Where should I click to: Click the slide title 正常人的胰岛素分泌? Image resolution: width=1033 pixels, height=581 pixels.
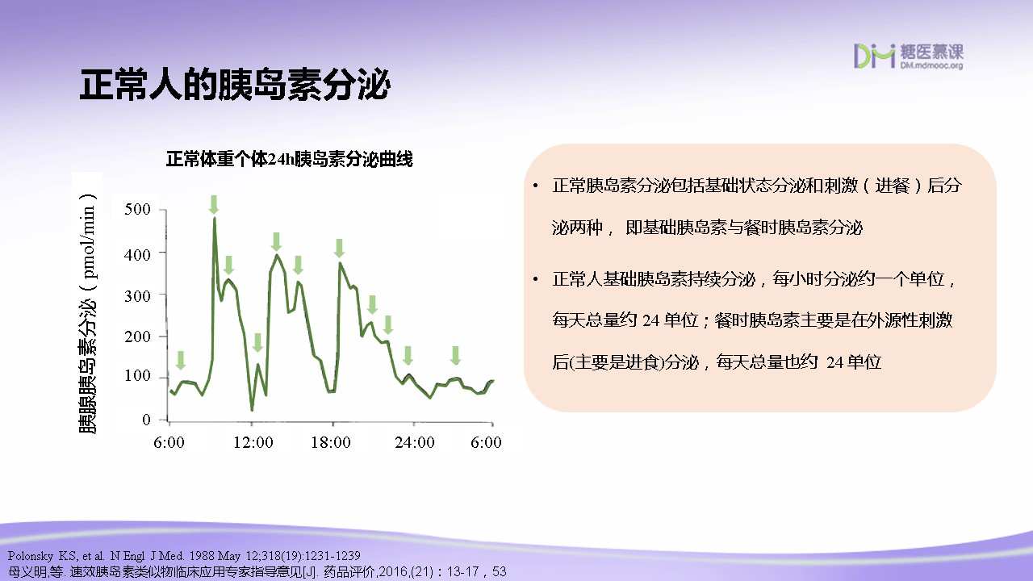click(x=235, y=85)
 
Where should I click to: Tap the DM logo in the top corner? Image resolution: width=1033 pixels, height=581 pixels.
click(x=908, y=56)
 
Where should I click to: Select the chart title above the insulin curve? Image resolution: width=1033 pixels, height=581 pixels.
click(x=289, y=159)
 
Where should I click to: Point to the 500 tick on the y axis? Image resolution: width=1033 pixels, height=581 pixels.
click(x=137, y=209)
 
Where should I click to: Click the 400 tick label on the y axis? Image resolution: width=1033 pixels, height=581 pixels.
click(x=137, y=254)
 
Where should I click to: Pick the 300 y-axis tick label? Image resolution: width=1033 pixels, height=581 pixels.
click(x=137, y=296)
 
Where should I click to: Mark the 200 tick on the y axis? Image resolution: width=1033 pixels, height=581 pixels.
click(x=137, y=336)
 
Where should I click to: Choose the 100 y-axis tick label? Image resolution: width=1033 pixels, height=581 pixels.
click(x=137, y=376)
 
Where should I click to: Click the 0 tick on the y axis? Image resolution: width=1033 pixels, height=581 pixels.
click(x=146, y=420)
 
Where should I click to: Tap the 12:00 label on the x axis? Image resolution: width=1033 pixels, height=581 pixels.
click(x=253, y=443)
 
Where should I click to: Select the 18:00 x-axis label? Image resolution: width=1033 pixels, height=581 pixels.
click(x=331, y=443)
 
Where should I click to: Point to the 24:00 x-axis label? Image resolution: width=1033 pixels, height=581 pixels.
click(x=415, y=443)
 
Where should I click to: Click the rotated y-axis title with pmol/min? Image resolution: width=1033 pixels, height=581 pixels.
click(x=88, y=313)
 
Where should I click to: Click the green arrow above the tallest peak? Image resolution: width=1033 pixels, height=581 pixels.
click(x=214, y=205)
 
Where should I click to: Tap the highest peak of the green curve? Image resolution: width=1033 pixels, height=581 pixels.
click(x=215, y=218)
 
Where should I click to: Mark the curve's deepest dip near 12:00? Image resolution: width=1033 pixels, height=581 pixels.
click(x=252, y=409)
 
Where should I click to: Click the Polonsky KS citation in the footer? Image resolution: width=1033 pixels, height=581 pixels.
click(x=184, y=556)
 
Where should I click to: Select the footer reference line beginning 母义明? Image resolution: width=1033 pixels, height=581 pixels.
click(x=257, y=572)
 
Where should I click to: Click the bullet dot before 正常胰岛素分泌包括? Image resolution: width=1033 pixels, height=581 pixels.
click(x=535, y=186)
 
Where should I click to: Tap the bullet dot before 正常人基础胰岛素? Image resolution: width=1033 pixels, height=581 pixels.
click(x=535, y=279)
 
